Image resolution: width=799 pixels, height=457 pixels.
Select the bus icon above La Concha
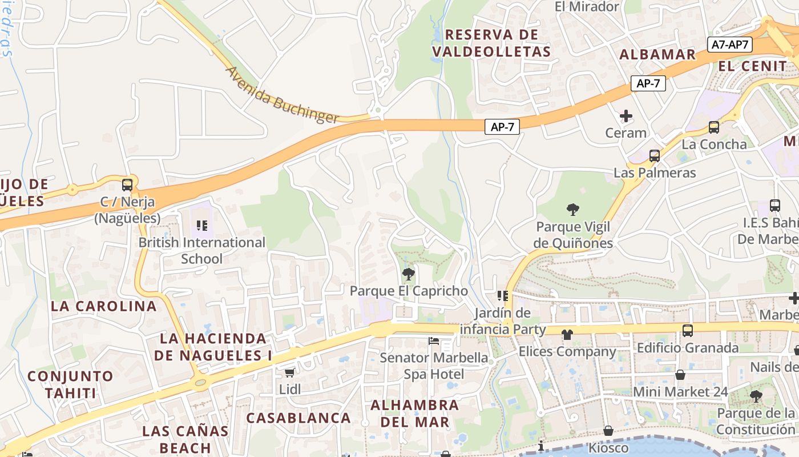[x=713, y=127]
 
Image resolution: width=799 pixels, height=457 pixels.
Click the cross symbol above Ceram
[x=626, y=117]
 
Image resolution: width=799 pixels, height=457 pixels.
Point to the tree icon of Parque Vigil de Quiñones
[x=573, y=210]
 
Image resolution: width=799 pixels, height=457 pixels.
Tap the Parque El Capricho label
[x=409, y=291]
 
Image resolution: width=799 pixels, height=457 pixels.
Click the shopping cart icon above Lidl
[x=289, y=372]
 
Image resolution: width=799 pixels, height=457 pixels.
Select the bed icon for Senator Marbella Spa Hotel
[x=434, y=342]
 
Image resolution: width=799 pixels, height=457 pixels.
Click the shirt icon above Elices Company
[x=567, y=334]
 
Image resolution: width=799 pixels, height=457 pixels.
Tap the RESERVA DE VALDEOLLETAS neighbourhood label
[x=491, y=43]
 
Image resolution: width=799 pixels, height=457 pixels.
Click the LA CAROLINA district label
[x=103, y=306]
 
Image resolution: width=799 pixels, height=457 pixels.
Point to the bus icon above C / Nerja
[x=127, y=185]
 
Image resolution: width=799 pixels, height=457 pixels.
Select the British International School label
[x=202, y=250]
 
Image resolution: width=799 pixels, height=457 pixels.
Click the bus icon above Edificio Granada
[x=688, y=330]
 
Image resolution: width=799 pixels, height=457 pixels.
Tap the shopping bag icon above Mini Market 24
[x=680, y=375]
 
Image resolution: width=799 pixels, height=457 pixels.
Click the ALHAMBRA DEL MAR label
[x=415, y=414]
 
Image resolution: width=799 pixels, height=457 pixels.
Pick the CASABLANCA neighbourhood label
[x=298, y=418]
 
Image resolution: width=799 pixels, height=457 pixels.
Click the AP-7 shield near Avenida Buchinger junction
[x=502, y=127]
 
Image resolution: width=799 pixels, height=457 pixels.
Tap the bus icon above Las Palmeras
[x=655, y=155]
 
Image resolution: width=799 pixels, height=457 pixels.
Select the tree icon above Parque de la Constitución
[x=756, y=396]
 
